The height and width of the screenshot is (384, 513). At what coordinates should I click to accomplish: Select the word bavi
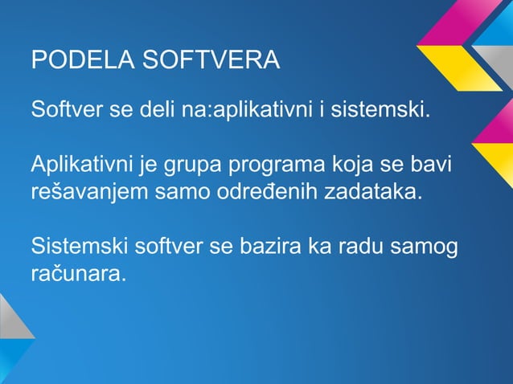pos(432,166)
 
